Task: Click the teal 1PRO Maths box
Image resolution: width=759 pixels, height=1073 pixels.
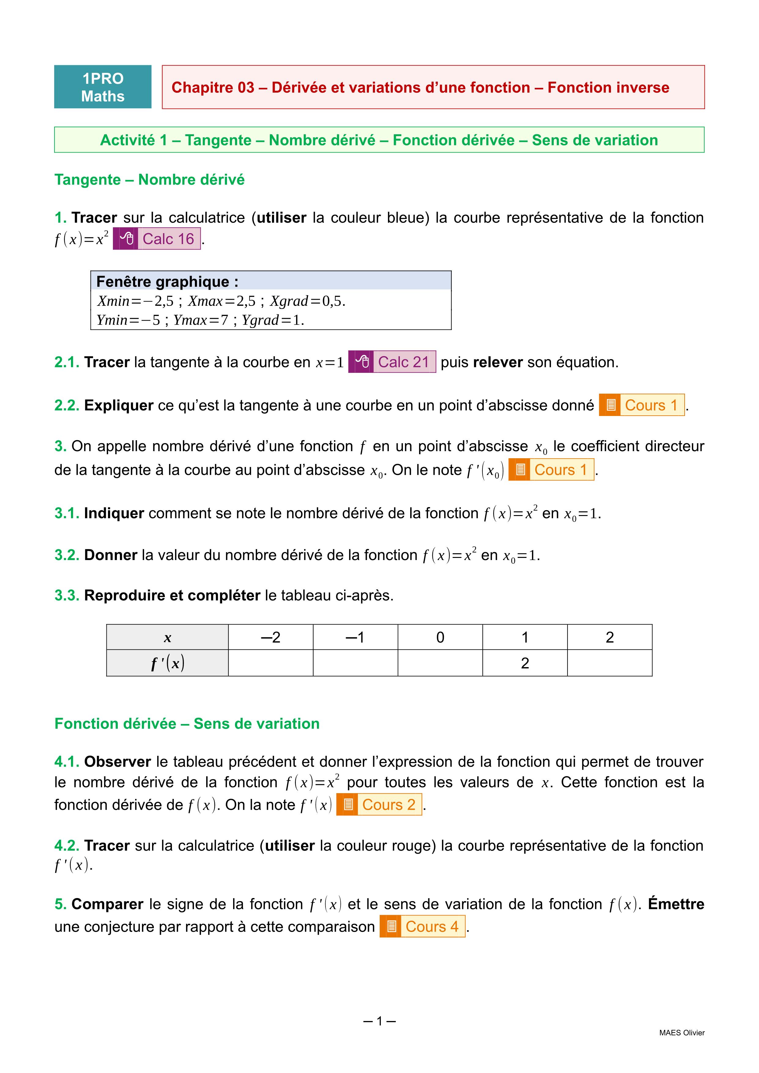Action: [x=103, y=87]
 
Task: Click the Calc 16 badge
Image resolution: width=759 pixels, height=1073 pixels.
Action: [x=157, y=239]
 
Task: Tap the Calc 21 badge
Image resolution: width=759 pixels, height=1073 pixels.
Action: [x=392, y=362]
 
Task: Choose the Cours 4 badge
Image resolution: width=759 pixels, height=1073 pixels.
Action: [x=422, y=926]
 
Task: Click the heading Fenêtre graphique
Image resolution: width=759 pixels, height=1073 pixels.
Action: [x=167, y=281]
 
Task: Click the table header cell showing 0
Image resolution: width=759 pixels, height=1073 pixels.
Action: [x=440, y=637]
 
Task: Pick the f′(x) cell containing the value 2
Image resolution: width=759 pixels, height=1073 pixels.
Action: [x=525, y=663]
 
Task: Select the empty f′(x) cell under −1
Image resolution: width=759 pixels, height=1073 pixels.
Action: [x=355, y=663]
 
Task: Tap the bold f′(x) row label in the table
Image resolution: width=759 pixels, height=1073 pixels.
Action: [x=167, y=663]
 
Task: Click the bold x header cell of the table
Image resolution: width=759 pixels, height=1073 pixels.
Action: [x=167, y=637]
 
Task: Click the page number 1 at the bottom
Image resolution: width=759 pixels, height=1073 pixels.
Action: [x=379, y=1021]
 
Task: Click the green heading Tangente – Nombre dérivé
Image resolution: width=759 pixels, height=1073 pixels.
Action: [x=150, y=180]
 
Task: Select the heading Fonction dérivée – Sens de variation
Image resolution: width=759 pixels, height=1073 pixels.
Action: [x=187, y=723]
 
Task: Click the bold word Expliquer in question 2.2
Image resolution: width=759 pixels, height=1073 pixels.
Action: [x=119, y=405]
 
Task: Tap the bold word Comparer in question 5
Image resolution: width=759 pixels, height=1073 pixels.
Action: [x=107, y=904]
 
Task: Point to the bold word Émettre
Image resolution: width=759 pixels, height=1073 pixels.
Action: [x=676, y=904]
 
